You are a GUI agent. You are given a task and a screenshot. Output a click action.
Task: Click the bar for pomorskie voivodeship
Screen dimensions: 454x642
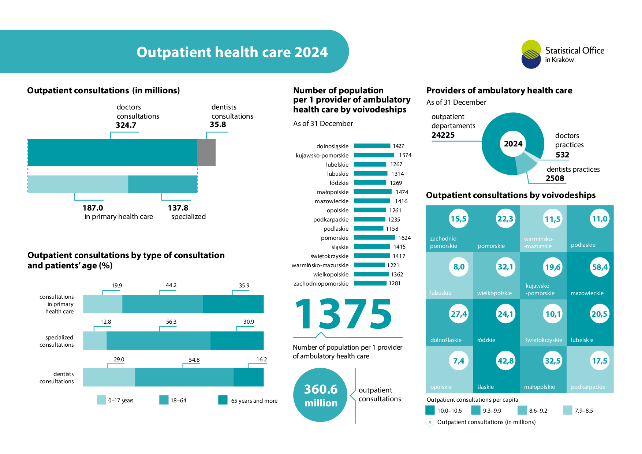point(374,238)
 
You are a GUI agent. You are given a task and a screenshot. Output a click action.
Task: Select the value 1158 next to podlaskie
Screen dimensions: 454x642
point(392,229)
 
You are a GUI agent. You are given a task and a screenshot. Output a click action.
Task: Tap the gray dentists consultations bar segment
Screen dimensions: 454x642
point(206,152)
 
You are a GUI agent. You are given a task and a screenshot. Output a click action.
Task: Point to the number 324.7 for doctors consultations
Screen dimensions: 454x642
point(126,125)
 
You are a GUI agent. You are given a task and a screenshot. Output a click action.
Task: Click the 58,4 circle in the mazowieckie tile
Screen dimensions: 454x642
point(600,267)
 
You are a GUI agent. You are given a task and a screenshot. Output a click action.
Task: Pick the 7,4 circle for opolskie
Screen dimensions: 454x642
point(459,361)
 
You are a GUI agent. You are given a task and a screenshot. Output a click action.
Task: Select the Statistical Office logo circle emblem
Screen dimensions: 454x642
point(531,54)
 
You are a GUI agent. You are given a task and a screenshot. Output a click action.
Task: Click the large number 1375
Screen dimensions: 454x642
point(343,314)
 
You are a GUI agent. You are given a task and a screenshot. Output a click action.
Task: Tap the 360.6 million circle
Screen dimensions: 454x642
point(320,395)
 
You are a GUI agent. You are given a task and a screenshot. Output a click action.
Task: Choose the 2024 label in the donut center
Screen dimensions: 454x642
point(513,144)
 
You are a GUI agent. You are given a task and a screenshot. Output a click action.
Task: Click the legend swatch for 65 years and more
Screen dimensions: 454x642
point(223,400)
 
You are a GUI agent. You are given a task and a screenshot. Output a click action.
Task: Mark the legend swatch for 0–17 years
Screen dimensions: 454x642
point(101,400)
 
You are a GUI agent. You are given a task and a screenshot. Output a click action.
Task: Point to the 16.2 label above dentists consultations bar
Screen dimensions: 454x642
point(261,360)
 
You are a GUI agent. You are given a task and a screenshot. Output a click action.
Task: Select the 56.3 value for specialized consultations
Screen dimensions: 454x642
point(171,322)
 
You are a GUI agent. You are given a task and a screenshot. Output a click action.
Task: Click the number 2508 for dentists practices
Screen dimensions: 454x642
point(555,178)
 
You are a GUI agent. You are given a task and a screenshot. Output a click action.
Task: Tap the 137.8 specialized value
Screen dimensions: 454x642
point(178,208)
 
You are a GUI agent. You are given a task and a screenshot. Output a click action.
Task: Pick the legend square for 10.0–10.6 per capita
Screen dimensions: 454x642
point(430,410)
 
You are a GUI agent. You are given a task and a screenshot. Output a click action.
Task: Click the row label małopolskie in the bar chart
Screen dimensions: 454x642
point(332,192)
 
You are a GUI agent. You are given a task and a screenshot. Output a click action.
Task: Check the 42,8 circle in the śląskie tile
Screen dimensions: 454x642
point(505,361)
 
